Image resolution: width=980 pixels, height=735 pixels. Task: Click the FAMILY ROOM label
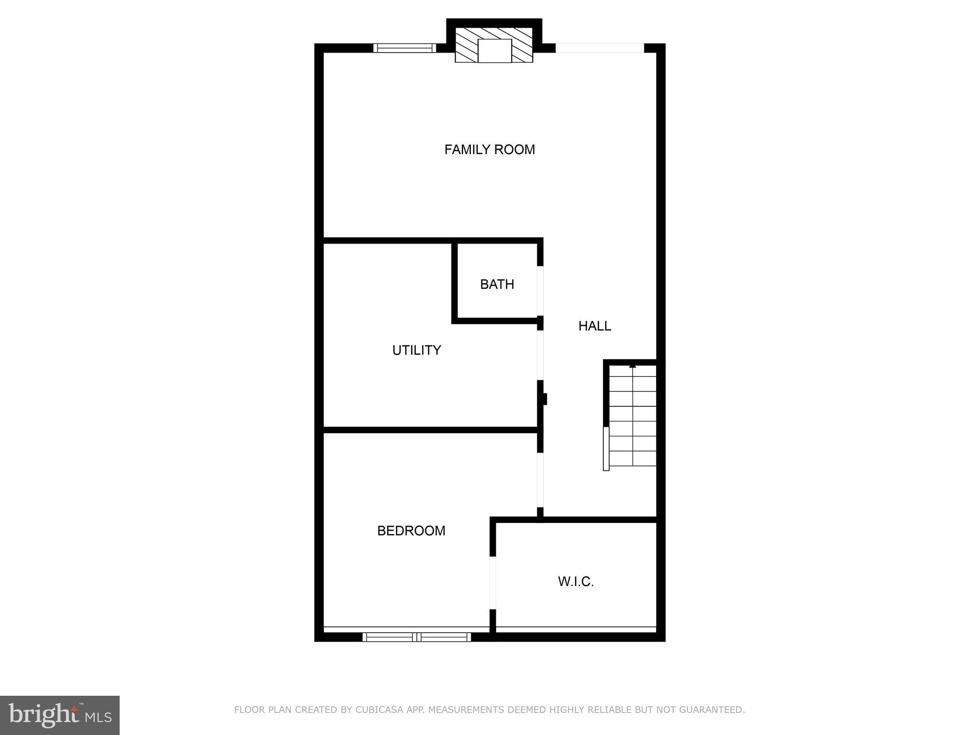490,150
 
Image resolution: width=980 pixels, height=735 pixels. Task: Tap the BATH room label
497,284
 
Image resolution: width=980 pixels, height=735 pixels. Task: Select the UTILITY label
416,350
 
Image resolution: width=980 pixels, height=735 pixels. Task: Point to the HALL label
594,326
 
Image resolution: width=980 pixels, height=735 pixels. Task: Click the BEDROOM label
411,531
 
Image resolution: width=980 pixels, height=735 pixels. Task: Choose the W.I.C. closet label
576,582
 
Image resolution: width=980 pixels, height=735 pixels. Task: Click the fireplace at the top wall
494,48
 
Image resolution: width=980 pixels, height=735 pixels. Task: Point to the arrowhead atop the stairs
633,366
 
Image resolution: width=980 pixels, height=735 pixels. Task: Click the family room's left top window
404,48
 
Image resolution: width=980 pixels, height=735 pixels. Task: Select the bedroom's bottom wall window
416,637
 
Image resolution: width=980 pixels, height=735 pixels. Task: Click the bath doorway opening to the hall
540,291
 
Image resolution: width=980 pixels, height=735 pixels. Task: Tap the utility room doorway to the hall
540,355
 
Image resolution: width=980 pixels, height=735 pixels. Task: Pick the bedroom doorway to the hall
540,479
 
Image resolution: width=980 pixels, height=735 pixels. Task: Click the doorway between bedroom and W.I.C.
493,583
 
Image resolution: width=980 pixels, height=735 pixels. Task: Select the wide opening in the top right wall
600,48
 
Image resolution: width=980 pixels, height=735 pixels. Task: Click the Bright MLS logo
59,715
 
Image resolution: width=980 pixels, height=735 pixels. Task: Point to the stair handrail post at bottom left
606,449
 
